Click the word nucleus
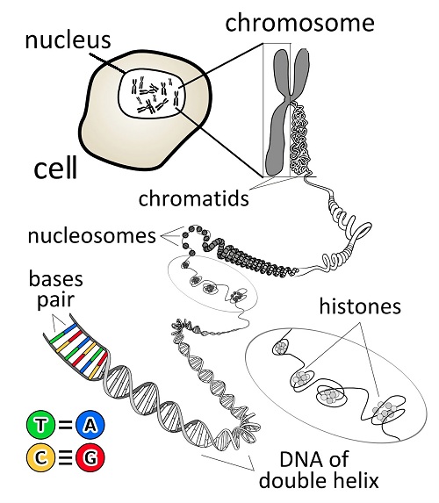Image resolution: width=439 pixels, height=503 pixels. coord(68,40)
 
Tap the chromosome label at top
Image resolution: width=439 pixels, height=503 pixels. coord(299,23)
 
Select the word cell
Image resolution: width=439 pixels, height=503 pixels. coord(55,167)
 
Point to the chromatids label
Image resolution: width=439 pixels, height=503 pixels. coord(193,198)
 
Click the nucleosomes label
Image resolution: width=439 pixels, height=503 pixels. coord(92,236)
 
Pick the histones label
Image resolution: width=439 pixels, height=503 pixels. coord(360,306)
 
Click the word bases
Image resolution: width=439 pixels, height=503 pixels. coord(56,279)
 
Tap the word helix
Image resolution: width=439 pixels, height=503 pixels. coord(355,480)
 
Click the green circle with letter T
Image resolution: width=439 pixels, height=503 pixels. coord(40,425)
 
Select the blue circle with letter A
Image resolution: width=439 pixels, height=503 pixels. coord(90,425)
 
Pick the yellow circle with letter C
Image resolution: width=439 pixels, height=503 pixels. coord(40,457)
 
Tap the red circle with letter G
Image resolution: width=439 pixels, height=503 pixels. coord(90,457)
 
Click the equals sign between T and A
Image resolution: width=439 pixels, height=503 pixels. coord(65,425)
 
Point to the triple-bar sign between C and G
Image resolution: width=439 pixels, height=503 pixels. coord(65,457)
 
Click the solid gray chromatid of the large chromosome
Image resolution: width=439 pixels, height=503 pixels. coord(278,128)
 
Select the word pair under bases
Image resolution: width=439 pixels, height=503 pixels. coord(56,300)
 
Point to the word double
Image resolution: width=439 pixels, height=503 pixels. coord(292,480)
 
